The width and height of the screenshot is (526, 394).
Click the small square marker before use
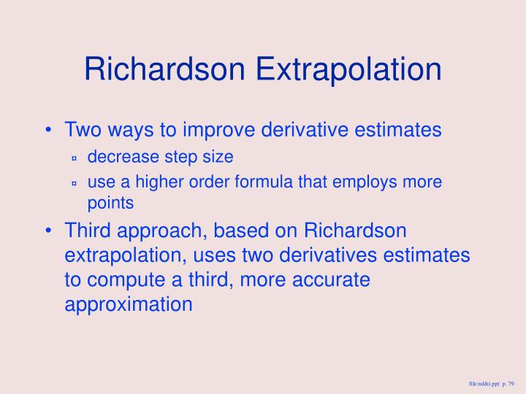[x=75, y=182]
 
